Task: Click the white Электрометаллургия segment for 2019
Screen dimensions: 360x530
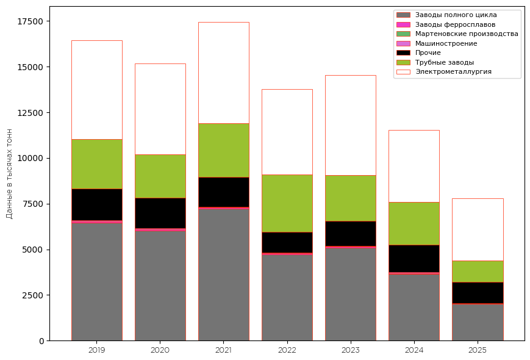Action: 96,90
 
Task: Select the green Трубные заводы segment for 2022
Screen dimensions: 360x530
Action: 287,203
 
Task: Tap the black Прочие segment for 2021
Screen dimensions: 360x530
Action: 223,192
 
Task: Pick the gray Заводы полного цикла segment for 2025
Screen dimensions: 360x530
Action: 477,322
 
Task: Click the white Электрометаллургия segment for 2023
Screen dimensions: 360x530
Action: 350,125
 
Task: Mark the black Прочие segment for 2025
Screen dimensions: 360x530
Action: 477,292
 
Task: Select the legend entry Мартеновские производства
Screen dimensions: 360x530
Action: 467,34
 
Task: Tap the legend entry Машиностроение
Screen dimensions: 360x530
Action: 446,43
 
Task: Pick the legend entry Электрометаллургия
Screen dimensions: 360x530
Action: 453,71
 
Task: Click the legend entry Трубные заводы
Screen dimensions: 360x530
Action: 445,62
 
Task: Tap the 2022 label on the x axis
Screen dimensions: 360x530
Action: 287,350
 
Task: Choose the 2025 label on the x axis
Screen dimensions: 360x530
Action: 477,350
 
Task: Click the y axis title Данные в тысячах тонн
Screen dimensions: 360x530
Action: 9,173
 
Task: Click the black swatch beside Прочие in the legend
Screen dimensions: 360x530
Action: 403,53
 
